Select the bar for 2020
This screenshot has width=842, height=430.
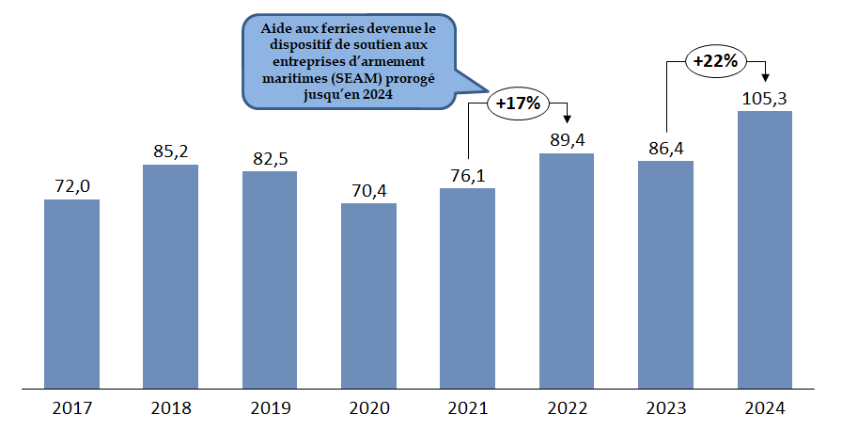368,295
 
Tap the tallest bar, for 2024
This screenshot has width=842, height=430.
764,249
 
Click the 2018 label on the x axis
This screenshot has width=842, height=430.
170,408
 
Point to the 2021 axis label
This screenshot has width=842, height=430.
467,408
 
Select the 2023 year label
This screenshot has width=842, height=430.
665,408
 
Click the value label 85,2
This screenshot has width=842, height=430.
170,151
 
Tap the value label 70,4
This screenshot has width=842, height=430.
368,189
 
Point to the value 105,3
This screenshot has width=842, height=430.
764,98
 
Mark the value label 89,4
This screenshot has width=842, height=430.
567,139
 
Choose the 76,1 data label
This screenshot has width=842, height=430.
467,175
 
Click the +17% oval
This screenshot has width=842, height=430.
517,104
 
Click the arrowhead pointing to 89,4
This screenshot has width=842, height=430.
567,118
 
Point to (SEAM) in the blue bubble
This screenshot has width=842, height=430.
354,78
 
